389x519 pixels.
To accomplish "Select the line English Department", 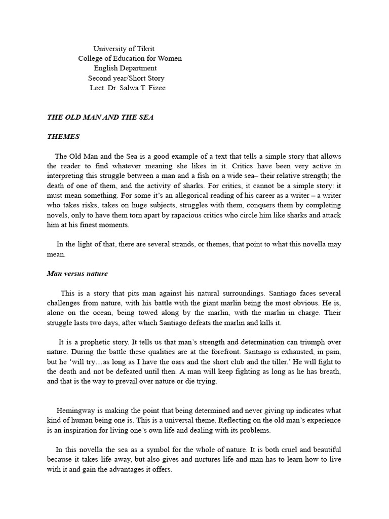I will point(125,68).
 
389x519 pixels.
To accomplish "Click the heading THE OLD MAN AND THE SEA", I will point(100,117).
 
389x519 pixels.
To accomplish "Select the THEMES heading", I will point(63,137).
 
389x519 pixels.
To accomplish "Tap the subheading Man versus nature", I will point(77,274).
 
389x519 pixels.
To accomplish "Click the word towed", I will point(157,313).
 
